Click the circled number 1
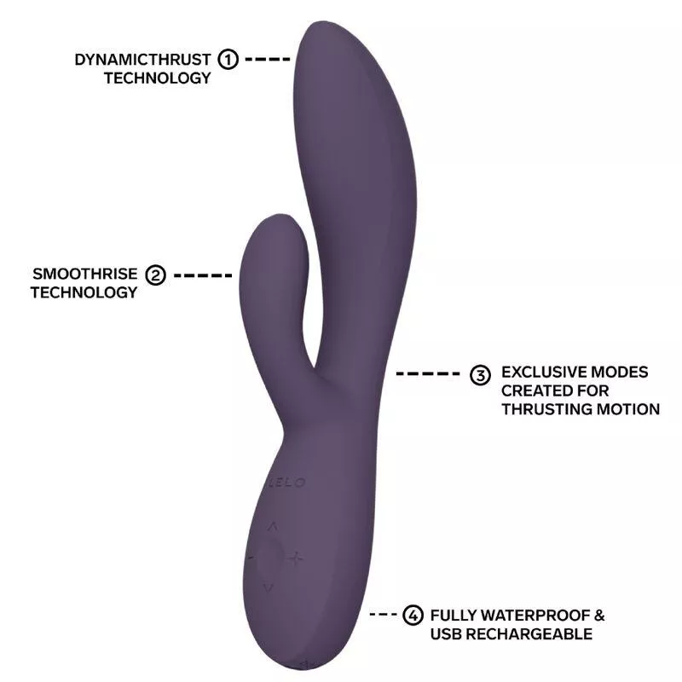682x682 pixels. (228, 59)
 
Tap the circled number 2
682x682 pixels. (155, 275)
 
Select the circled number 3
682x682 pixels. (480, 375)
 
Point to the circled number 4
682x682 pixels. (413, 615)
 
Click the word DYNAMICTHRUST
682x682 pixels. (142, 60)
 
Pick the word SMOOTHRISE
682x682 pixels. (84, 274)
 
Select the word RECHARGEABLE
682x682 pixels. (529, 634)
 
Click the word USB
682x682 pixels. (446, 634)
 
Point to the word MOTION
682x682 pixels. (628, 409)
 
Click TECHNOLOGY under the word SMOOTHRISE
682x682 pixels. (84, 292)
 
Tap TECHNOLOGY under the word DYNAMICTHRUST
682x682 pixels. (158, 78)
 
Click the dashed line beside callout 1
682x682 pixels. (268, 59)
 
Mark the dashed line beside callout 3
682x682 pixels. (428, 373)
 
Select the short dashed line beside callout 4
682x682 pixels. (383, 615)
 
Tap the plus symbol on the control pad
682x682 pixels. (296, 558)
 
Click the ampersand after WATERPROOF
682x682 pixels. (599, 616)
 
